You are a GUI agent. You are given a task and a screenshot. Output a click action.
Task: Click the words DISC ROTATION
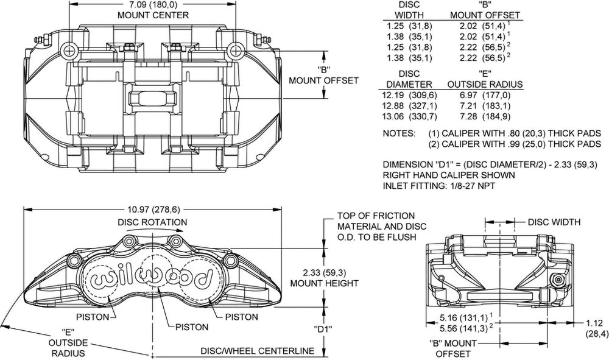(152, 222)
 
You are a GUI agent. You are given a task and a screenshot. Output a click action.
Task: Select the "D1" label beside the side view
(323, 329)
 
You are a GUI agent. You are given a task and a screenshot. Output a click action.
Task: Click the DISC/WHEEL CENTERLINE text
(258, 351)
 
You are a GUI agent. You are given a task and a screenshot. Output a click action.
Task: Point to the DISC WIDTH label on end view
(554, 222)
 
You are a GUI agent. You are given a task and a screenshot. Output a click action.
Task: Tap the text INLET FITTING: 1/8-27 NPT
(439, 186)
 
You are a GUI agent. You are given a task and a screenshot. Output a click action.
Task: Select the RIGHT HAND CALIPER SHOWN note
(449, 175)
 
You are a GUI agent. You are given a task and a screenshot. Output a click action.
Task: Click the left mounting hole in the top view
(69, 49)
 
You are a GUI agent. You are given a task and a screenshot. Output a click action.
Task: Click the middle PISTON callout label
(192, 327)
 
